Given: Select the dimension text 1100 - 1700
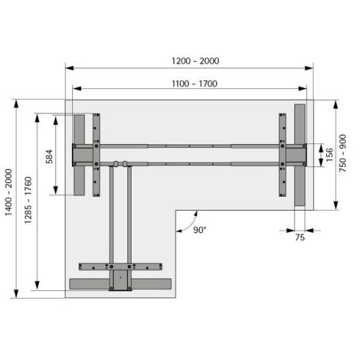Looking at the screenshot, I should point(190,83).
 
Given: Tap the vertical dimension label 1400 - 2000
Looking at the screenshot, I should point(10,198).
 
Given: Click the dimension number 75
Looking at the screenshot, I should point(300,237).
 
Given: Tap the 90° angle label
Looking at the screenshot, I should point(199,230).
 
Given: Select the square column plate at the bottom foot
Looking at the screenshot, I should point(118,279).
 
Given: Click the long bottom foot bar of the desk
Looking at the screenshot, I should point(119,284).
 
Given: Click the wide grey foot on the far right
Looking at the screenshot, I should point(299,154).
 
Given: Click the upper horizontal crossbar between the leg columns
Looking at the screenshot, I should point(189,145).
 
